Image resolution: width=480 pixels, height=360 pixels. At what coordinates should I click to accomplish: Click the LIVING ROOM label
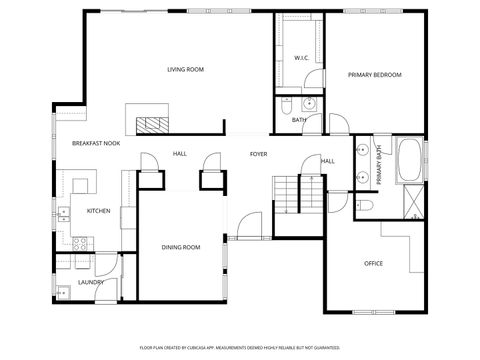tap(185, 69)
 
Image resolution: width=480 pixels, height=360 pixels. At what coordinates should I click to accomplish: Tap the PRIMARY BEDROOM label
tap(374, 75)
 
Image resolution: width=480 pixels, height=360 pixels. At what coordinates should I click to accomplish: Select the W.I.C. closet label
tap(300, 58)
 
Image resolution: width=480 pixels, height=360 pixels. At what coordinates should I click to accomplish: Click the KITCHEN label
tap(98, 211)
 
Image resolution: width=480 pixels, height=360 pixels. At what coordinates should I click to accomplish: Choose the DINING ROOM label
tap(181, 247)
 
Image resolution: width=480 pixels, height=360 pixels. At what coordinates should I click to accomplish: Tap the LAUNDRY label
tap(91, 282)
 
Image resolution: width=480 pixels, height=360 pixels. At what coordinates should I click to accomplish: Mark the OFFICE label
tap(373, 263)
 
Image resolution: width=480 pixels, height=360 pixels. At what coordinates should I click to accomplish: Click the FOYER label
tap(258, 154)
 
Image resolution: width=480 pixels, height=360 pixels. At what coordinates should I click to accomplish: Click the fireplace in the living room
tap(152, 124)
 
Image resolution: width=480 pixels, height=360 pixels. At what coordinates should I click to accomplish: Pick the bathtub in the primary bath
tap(410, 160)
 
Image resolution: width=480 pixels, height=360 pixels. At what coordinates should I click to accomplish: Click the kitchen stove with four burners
tap(81, 242)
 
